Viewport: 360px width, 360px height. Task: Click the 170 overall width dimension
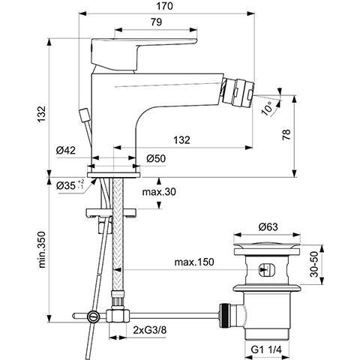pyautogui.click(x=165, y=6)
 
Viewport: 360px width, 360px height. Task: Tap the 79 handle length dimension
pyautogui.click(x=157, y=22)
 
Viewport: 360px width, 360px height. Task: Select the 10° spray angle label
pyautogui.click(x=267, y=108)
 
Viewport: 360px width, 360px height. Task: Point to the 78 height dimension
pyautogui.click(x=286, y=134)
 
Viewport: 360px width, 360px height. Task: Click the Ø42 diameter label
pyautogui.click(x=66, y=150)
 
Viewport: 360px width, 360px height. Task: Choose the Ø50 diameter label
pyautogui.click(x=156, y=158)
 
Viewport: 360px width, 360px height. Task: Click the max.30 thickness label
pyautogui.click(x=159, y=192)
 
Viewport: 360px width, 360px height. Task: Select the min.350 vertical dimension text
pyautogui.click(x=41, y=250)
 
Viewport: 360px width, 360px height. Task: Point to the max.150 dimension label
pyautogui.click(x=194, y=262)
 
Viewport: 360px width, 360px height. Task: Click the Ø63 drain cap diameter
pyautogui.click(x=268, y=227)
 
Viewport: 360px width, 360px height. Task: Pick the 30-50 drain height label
pyautogui.click(x=315, y=264)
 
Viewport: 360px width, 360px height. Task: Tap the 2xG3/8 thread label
pyautogui.click(x=150, y=330)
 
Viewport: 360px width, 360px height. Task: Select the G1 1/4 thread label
pyautogui.click(x=266, y=349)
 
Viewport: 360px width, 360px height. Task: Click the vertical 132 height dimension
pyautogui.click(x=42, y=114)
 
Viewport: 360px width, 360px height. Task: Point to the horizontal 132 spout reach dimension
pyautogui.click(x=181, y=140)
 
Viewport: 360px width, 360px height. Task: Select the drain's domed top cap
pyautogui.click(x=267, y=245)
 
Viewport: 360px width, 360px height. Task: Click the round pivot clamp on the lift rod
pyautogui.click(x=93, y=316)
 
